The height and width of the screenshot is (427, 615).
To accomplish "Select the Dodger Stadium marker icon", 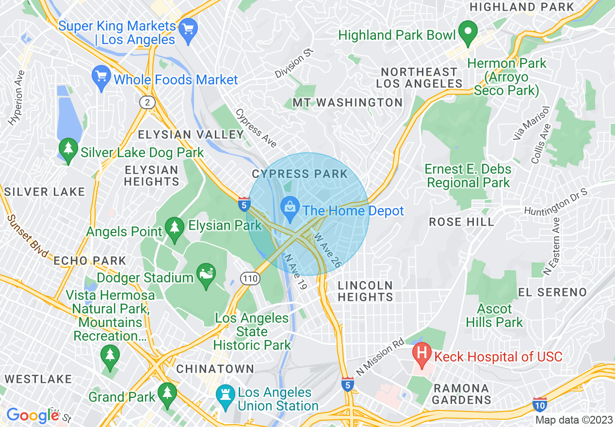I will click(x=206, y=275).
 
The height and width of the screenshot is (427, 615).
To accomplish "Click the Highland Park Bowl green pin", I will click(x=468, y=33).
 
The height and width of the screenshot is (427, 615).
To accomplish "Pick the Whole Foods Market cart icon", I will click(x=101, y=77).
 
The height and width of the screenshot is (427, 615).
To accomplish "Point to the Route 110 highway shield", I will click(x=250, y=279).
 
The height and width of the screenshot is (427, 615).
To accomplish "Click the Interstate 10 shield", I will click(x=540, y=404).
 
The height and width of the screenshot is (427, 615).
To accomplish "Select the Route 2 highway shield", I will click(x=146, y=102).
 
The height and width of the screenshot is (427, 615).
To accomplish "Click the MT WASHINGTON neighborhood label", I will click(x=347, y=102).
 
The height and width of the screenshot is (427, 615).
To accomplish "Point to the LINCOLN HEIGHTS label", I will click(x=365, y=291).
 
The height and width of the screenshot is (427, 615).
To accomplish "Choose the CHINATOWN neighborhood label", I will click(x=215, y=369).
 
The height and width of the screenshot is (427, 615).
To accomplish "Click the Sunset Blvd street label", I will click(x=28, y=236).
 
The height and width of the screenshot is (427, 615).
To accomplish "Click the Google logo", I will click(x=32, y=415).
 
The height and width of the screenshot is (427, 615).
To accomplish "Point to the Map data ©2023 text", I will click(x=574, y=420).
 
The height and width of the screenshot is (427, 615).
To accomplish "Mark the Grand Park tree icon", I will click(x=168, y=392).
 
